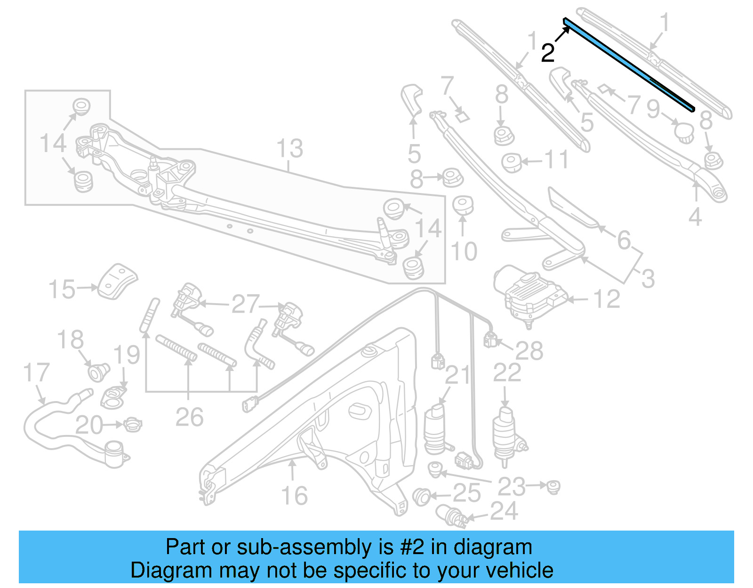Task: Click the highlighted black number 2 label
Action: click(x=547, y=53)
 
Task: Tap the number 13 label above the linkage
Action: click(x=289, y=149)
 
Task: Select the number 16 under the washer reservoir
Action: click(x=294, y=496)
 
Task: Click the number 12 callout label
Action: click(x=607, y=299)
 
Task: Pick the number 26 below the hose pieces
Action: click(x=189, y=417)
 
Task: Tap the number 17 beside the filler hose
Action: click(x=36, y=372)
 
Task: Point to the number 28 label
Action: click(x=529, y=351)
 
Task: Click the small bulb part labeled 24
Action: click(x=449, y=515)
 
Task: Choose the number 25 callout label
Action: click(x=466, y=493)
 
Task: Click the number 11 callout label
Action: click(x=556, y=160)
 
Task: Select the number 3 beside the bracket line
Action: click(x=648, y=279)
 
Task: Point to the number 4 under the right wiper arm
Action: click(x=695, y=217)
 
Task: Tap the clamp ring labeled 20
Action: click(x=133, y=425)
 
